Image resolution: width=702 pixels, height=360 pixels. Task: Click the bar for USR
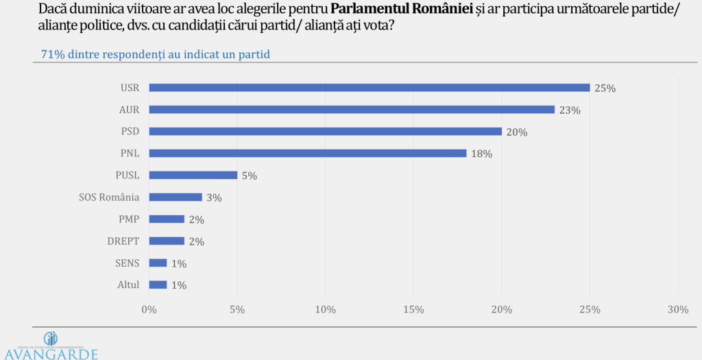(x=370, y=88)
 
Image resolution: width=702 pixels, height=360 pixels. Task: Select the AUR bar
(x=352, y=110)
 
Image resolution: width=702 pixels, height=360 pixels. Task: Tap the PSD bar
(x=326, y=132)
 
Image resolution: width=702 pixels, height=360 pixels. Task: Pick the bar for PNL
(x=308, y=154)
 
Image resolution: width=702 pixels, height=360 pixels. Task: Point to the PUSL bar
(x=193, y=176)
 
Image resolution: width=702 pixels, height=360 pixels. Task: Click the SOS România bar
(x=175, y=197)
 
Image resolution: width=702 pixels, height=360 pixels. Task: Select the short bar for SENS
(x=158, y=263)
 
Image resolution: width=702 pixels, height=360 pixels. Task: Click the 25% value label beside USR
(x=605, y=88)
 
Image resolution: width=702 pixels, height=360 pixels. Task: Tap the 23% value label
(x=570, y=110)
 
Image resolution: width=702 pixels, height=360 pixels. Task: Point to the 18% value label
(x=482, y=154)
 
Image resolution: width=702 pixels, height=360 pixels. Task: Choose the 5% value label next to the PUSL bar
(x=249, y=176)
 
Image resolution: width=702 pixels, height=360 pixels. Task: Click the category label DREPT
(x=123, y=241)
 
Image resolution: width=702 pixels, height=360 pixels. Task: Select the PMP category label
(x=128, y=219)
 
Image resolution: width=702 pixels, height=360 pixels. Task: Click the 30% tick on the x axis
(x=677, y=310)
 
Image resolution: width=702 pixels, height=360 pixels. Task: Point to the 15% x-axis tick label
(x=413, y=310)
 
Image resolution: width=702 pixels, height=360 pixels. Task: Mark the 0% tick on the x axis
(x=149, y=310)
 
